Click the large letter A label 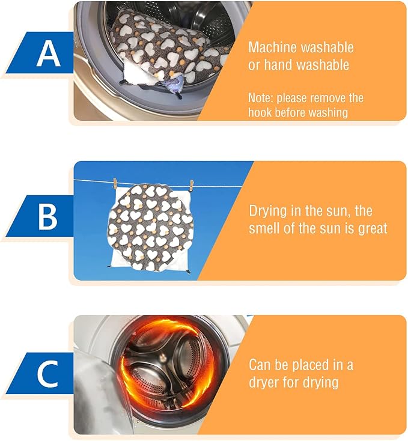48,53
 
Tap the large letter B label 48,217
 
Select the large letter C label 48,374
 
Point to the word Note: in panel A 261,98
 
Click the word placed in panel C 311,365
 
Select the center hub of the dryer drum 163,359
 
